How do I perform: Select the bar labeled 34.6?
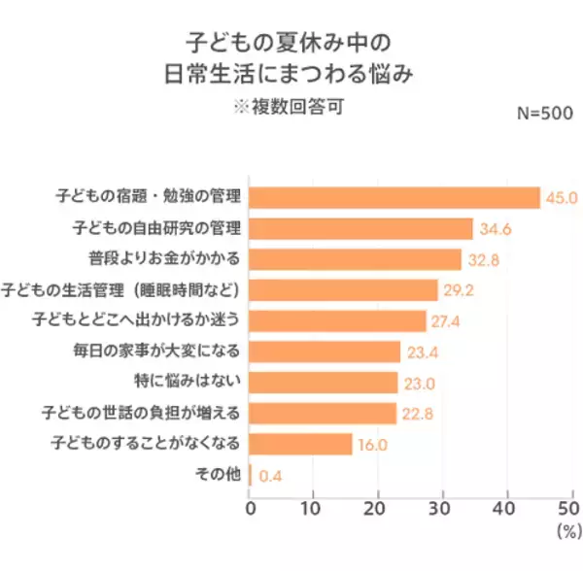[360, 229]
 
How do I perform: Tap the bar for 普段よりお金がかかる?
[355, 259]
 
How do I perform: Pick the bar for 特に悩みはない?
[324, 383]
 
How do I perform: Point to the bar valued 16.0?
[300, 444]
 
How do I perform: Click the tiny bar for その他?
[251, 475]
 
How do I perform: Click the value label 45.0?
[561, 198]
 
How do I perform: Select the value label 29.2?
[459, 290]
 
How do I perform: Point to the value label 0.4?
[270, 476]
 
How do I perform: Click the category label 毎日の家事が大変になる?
[160, 352]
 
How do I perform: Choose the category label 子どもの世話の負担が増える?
[154, 414]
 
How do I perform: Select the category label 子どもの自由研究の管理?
[157, 229]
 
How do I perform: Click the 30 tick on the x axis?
[442, 508]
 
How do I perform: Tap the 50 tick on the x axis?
[568, 508]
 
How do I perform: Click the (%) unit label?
[566, 532]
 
